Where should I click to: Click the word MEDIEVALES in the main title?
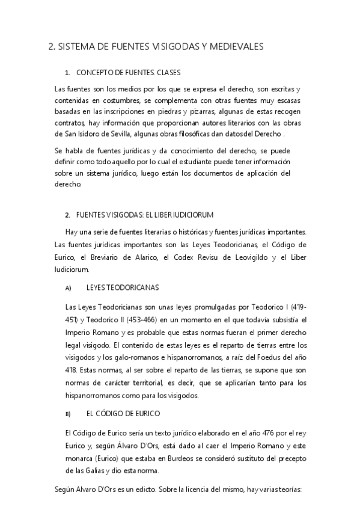click(234, 47)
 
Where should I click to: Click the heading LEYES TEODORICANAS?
click(123, 287)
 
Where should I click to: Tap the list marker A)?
click(68, 288)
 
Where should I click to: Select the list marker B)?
click(68, 414)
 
